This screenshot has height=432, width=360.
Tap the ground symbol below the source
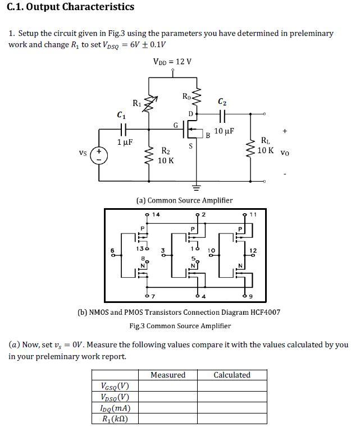click(x=196, y=188)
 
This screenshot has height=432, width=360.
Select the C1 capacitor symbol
click(x=123, y=128)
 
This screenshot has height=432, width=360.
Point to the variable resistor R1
click(x=149, y=104)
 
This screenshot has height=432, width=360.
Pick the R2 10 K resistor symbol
click(x=149, y=156)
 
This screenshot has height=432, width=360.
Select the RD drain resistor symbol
click(x=197, y=96)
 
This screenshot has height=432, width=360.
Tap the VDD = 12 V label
click(x=172, y=62)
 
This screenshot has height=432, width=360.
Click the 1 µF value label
click(x=125, y=142)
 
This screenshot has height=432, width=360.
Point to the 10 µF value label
click(x=224, y=131)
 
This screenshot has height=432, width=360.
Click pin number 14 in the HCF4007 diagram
click(x=156, y=214)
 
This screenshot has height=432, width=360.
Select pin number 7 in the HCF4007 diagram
click(x=153, y=296)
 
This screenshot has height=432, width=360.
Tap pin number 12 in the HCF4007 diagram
click(x=253, y=250)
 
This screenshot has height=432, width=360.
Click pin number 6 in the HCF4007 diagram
click(x=112, y=250)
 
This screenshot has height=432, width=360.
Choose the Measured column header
click(x=168, y=375)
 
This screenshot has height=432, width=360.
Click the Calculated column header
click(x=232, y=375)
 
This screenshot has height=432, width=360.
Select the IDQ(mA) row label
click(x=115, y=408)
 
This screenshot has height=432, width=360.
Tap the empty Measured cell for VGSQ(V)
click(x=168, y=386)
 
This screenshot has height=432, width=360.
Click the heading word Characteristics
click(x=98, y=7)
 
